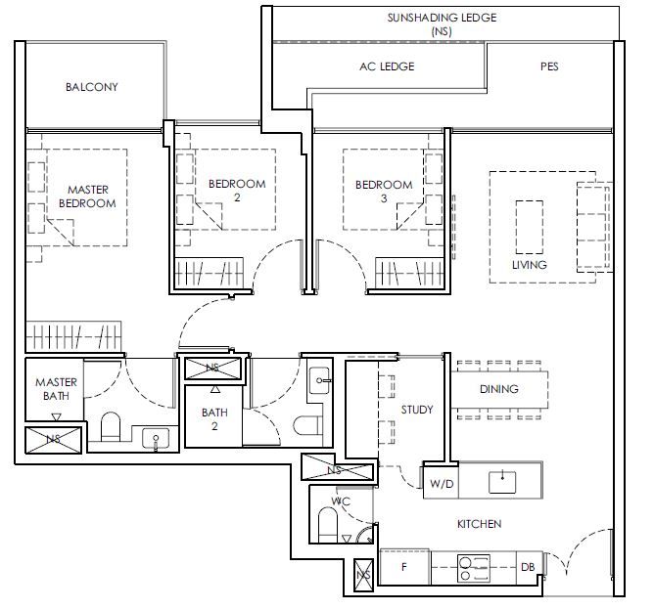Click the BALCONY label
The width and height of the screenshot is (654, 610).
coord(92,87)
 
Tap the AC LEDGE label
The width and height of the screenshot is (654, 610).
coord(387,66)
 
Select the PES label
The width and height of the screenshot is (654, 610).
coord(549,66)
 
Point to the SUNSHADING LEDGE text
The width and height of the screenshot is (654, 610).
coord(442,18)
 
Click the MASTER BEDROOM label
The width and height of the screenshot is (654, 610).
coord(87,196)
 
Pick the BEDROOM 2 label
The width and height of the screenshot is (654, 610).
coord(237,191)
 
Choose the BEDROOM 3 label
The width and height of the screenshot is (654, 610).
coord(384,192)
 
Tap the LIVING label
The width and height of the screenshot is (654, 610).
coord(530,264)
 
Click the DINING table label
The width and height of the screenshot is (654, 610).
coord(499,389)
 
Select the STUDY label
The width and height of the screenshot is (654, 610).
coord(417,410)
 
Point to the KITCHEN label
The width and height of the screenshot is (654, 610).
coord(479,523)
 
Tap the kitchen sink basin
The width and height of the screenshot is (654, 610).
coord(502,482)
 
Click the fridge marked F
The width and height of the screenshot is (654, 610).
coord(404,567)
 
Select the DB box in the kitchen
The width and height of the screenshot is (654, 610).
coord(529,567)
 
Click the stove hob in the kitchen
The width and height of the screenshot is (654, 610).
coord(474,568)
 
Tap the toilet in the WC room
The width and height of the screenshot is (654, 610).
coord(327,524)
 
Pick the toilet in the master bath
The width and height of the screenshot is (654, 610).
coord(111,426)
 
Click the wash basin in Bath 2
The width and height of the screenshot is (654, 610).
coord(319,380)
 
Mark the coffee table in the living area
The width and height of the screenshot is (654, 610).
coord(530,228)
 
